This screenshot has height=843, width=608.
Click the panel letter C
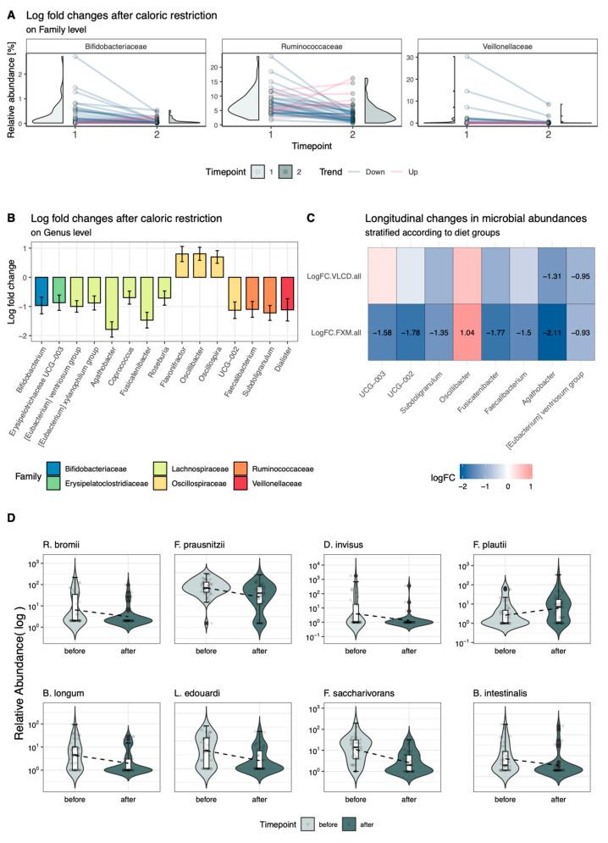click(x=312, y=217)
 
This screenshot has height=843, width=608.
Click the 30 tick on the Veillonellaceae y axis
click(x=426, y=58)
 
